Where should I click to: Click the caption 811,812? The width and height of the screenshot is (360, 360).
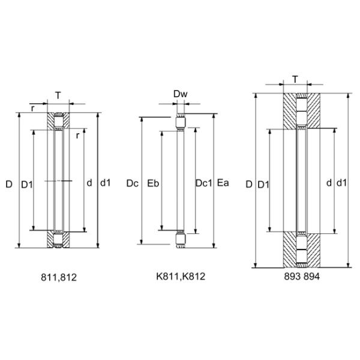(x=59, y=277)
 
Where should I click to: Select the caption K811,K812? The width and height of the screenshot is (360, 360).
(x=180, y=277)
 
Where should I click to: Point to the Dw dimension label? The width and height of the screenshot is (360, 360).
(x=180, y=94)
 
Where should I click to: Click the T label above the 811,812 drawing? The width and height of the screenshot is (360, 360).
(x=58, y=95)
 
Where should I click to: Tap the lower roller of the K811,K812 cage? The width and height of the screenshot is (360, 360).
(x=180, y=242)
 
